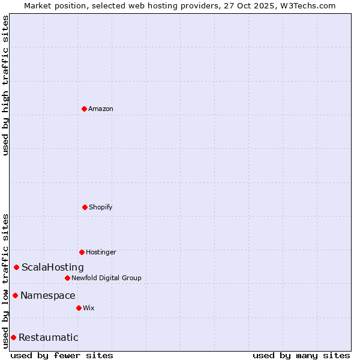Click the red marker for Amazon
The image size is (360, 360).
coord(84,109)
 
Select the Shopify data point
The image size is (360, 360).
coord(85,207)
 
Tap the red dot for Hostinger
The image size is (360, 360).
coord(82,252)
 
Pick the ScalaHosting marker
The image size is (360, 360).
coord(17,267)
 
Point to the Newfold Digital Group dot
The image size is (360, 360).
coord(67,278)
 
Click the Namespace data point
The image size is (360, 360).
coord(16,295)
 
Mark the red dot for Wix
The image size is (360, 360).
coord(79,308)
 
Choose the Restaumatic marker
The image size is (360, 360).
coord(13,337)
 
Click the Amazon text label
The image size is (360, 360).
coord(101,109)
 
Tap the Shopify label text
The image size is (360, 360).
coord(101,207)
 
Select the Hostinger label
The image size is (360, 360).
coord(101,252)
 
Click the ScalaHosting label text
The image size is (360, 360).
coord(53,267)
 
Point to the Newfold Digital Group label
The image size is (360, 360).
coord(106,278)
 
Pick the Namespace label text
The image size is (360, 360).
coord(48,295)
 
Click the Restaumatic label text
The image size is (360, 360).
coord(49,337)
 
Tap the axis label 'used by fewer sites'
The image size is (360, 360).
coord(62,355)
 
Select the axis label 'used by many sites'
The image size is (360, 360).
coord(301,355)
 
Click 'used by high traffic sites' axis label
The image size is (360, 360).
coord(5,85)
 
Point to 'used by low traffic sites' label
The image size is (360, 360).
coord(5,280)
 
